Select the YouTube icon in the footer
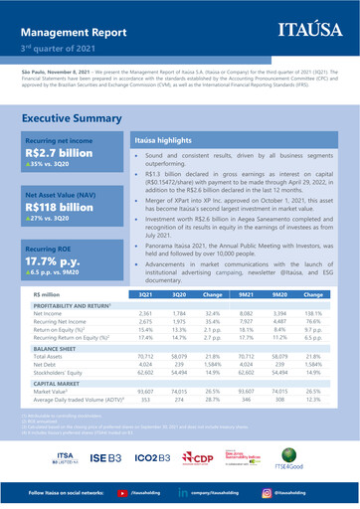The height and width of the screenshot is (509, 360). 121,493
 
